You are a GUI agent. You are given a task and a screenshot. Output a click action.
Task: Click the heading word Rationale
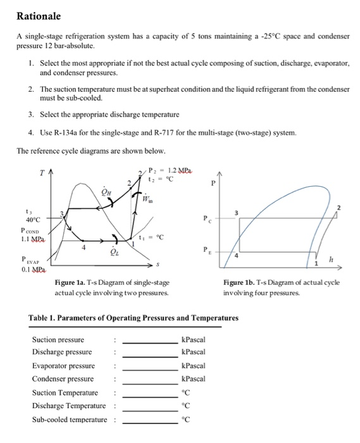[x=38, y=16]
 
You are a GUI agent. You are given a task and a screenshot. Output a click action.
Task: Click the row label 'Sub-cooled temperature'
[x=69, y=420]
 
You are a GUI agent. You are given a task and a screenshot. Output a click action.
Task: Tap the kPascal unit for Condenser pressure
[x=193, y=378]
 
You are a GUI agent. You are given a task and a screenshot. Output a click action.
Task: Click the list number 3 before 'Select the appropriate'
[x=31, y=115]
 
